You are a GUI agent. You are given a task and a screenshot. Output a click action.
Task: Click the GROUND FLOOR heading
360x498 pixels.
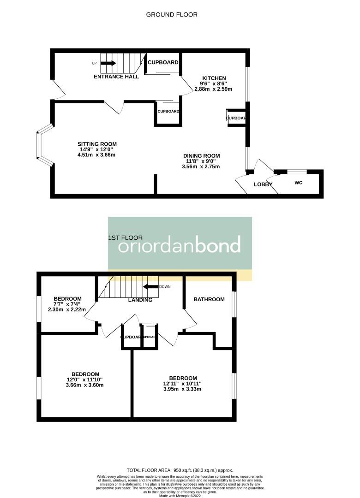tap(172, 15)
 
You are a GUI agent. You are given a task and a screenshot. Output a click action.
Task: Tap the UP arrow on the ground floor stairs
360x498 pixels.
tap(108, 63)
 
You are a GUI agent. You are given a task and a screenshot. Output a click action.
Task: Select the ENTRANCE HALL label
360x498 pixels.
tap(116, 77)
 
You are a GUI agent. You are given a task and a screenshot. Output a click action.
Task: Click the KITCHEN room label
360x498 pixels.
tap(213, 78)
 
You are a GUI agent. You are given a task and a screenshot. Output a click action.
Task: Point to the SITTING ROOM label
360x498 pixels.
tap(97, 144)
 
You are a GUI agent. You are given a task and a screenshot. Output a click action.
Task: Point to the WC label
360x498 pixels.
tap(298, 183)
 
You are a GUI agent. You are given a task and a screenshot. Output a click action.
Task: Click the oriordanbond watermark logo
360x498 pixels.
tap(180, 244)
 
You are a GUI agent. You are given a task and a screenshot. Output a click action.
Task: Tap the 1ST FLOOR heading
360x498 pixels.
tap(125, 238)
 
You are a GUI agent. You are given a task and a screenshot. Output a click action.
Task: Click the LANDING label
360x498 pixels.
tap(140, 300)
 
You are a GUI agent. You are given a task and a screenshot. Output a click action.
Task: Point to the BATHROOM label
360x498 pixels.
tap(209, 299)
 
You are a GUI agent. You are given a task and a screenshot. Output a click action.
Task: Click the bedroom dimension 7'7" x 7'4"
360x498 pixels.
tap(67, 304)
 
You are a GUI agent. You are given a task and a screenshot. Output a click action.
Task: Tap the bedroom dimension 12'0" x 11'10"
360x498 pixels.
tap(85, 379)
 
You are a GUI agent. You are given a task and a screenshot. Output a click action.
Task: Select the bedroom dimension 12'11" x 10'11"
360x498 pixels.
tap(183, 383)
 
